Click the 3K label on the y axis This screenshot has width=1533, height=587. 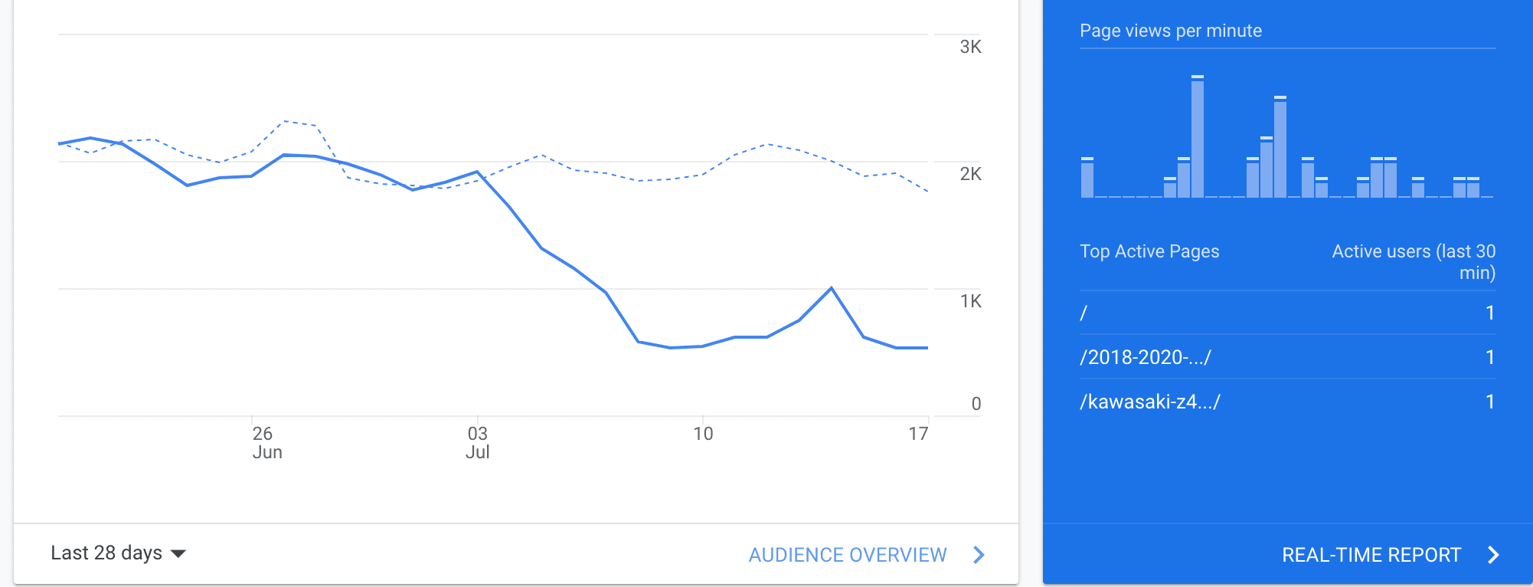click(970, 47)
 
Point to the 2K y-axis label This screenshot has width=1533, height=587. click(970, 174)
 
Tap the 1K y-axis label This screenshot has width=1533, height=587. click(970, 301)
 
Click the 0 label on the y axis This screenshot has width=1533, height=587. click(976, 404)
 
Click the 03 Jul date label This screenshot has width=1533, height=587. click(478, 443)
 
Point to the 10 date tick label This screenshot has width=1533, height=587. click(703, 435)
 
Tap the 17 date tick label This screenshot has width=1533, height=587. click(918, 435)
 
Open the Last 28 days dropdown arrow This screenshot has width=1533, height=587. click(178, 553)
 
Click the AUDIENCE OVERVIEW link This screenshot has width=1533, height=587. click(848, 555)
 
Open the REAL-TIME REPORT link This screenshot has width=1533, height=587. click(1371, 555)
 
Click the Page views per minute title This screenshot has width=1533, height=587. click(1170, 31)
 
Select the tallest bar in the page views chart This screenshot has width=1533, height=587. click(1198, 138)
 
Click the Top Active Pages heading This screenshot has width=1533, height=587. click(1149, 251)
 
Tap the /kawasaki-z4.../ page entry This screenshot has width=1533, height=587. click(1149, 402)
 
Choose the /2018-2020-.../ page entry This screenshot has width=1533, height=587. click(1145, 357)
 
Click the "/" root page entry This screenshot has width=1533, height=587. click(1084, 313)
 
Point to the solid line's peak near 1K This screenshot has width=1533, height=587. click(832, 288)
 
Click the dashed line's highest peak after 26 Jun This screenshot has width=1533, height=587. click(284, 121)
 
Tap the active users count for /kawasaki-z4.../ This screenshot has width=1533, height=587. click(1489, 402)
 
